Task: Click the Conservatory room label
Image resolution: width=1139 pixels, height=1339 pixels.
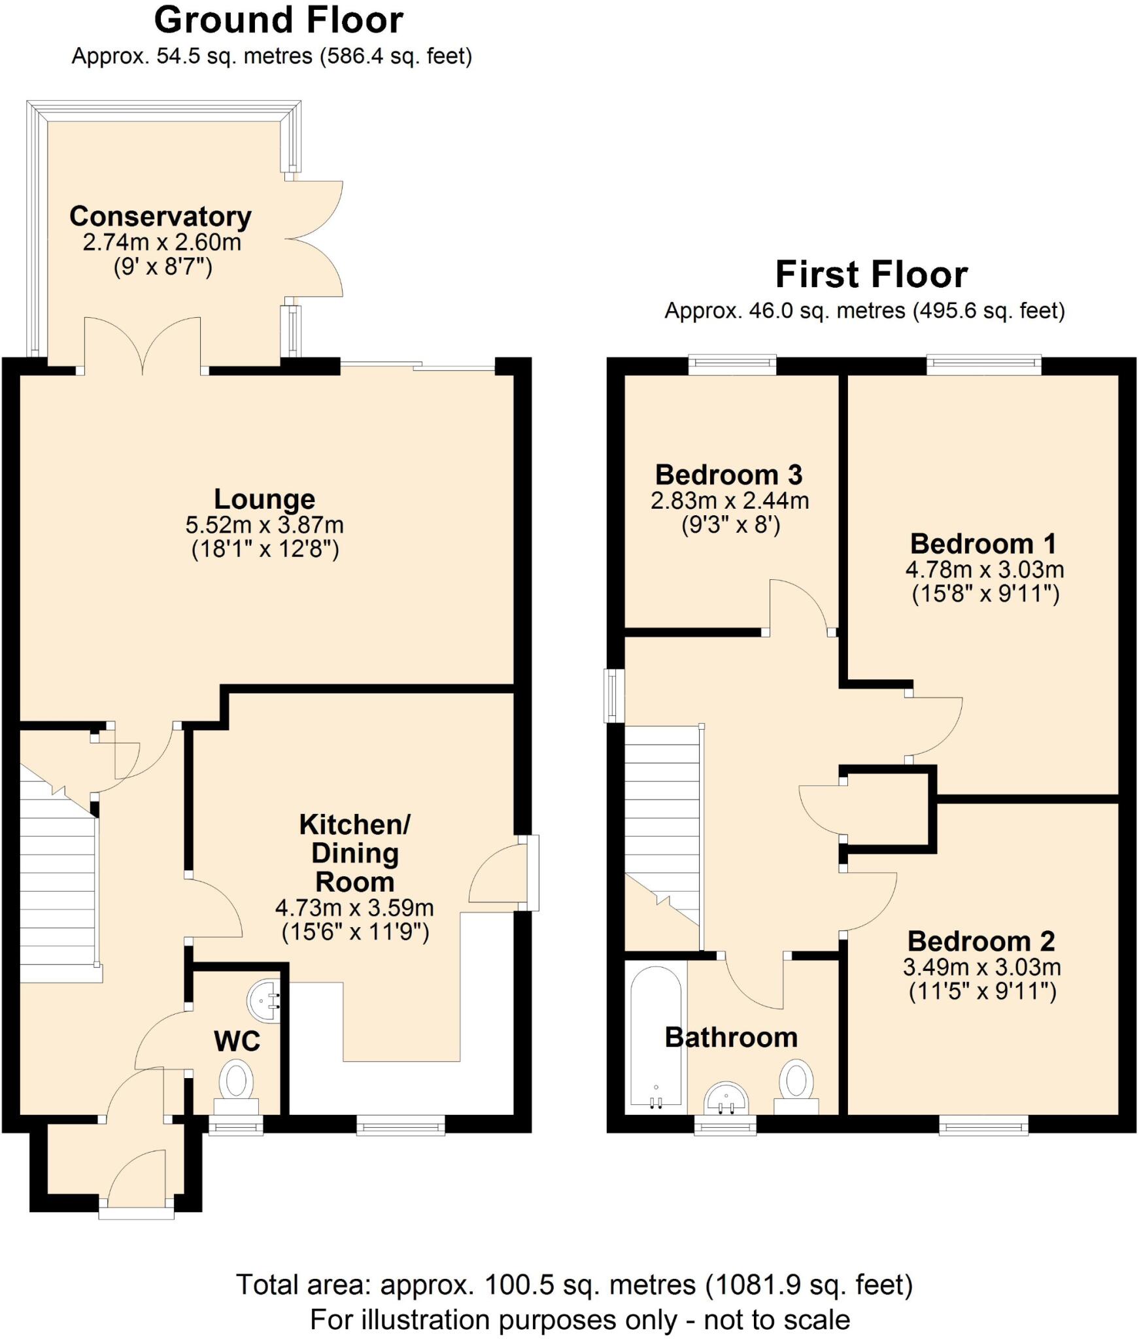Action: (160, 216)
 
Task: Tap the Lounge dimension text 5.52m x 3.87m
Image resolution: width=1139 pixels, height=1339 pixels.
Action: (264, 524)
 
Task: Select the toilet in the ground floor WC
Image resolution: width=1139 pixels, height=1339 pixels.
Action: (237, 1081)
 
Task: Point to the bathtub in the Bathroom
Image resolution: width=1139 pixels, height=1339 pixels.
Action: (655, 1035)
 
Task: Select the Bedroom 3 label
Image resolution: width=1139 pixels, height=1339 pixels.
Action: (728, 475)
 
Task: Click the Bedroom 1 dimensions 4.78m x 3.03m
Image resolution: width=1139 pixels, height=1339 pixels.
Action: (984, 569)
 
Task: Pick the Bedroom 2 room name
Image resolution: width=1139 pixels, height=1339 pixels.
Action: (981, 941)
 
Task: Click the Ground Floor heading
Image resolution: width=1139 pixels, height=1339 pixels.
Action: (279, 20)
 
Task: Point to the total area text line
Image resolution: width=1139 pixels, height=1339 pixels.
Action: (573, 1285)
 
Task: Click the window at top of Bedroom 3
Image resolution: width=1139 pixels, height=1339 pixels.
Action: (732, 364)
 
